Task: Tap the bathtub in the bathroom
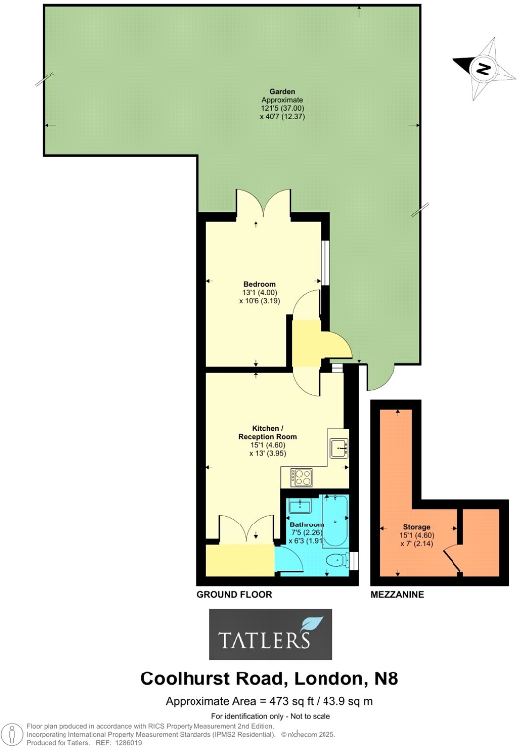pyautogui.click(x=333, y=526)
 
